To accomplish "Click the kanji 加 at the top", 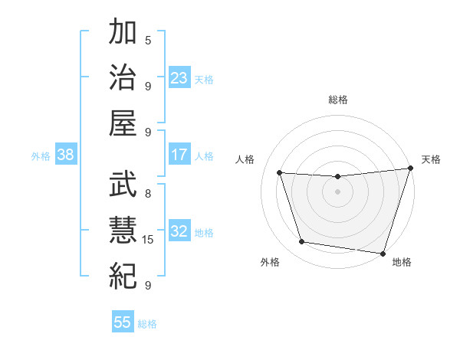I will pyautogui.click(x=123, y=33).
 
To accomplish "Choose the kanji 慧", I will pyautogui.click(x=123, y=229).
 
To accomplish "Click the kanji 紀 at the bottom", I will pyautogui.click(x=123, y=274).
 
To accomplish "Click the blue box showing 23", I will pyautogui.click(x=179, y=77).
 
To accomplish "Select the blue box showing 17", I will pyautogui.click(x=179, y=155).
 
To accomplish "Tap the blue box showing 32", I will pyautogui.click(x=179, y=231).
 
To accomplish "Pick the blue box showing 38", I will pyautogui.click(x=65, y=155).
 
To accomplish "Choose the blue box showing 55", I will pyautogui.click(x=123, y=322).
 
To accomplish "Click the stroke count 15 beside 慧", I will pyautogui.click(x=149, y=240).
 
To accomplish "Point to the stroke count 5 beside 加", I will pyautogui.click(x=148, y=41).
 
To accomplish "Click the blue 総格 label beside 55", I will pyautogui.click(x=147, y=324).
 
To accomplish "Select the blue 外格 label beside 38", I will pyautogui.click(x=41, y=156).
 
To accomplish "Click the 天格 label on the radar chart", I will pyautogui.click(x=431, y=159).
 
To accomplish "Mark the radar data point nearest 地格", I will pyautogui.click(x=383, y=253).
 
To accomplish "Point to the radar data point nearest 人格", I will pyautogui.click(x=280, y=172).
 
